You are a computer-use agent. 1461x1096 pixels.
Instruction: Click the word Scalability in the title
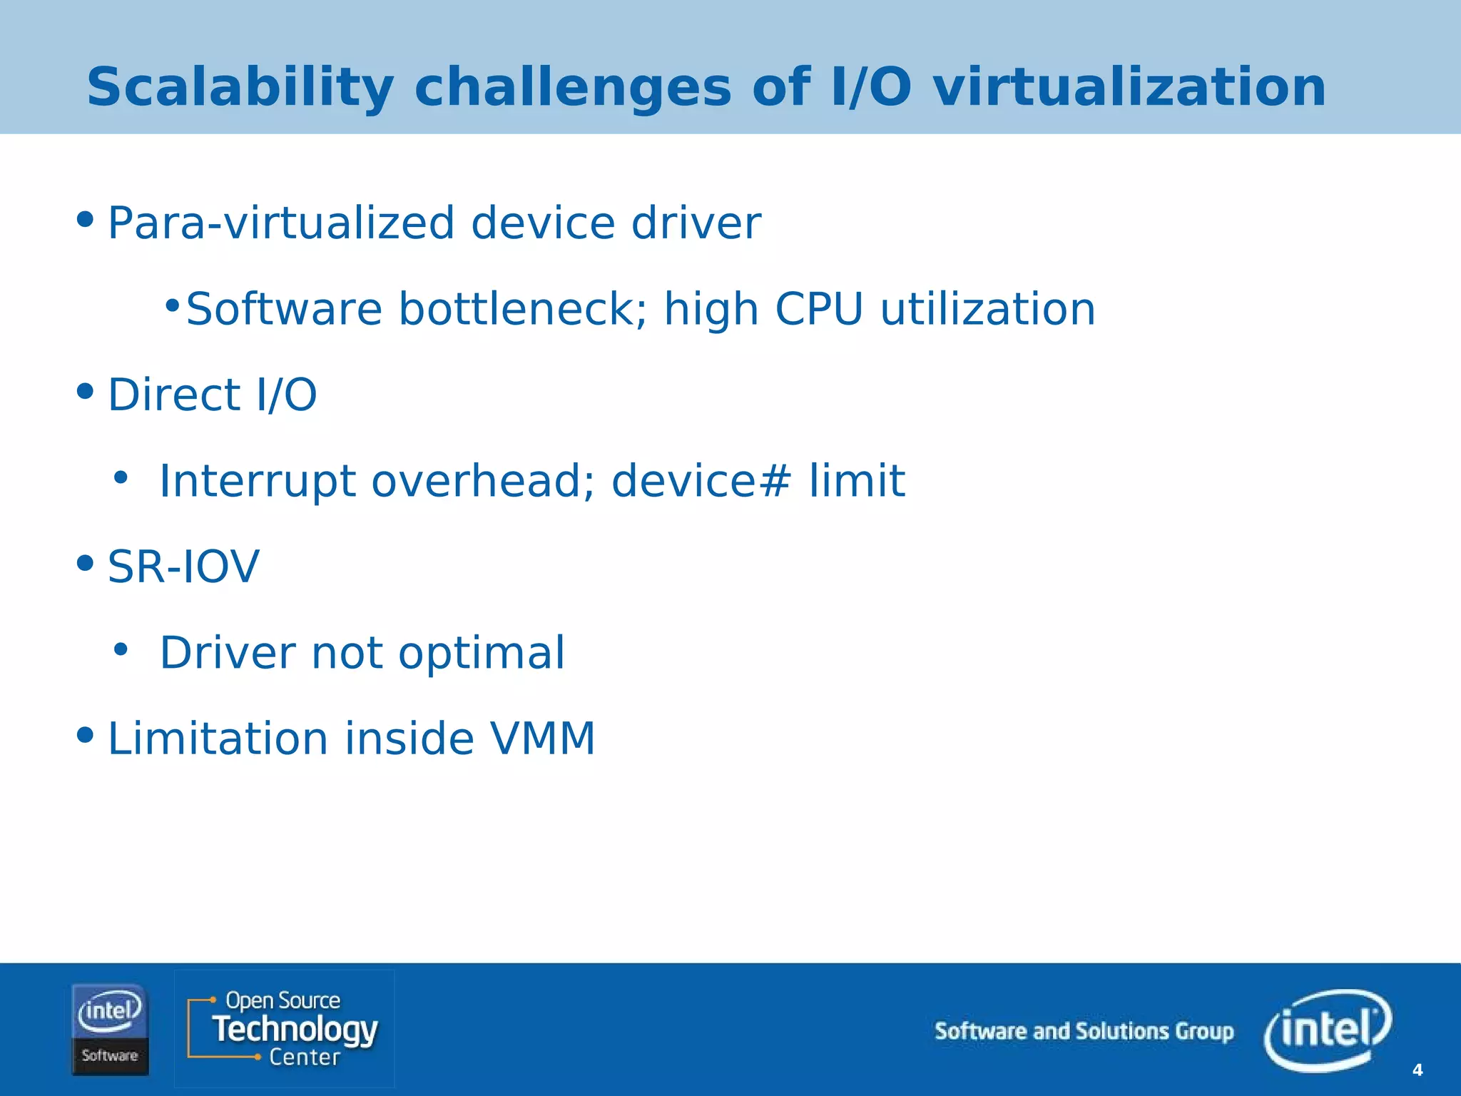tap(240, 88)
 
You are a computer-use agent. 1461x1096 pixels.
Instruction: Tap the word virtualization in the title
tap(1129, 88)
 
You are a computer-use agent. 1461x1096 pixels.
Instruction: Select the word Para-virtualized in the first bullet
tap(280, 223)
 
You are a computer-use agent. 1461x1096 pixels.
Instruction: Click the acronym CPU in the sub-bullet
tap(818, 310)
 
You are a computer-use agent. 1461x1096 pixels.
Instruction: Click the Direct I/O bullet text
tap(212, 395)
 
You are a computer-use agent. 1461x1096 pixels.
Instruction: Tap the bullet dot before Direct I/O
tap(85, 391)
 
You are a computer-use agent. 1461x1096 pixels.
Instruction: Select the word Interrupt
tap(257, 481)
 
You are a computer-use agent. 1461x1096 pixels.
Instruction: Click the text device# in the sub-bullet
tap(701, 481)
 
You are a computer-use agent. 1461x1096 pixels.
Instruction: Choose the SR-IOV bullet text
tap(183, 567)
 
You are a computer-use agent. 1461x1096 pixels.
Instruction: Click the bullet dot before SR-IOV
tap(85, 563)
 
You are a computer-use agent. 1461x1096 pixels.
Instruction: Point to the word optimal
tap(481, 653)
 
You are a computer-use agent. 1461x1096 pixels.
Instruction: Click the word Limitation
tap(218, 739)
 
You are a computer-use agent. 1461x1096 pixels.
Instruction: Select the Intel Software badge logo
tap(110, 1029)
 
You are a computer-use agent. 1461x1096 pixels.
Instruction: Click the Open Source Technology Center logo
tap(284, 1028)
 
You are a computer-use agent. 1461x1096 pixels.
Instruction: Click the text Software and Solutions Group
tap(1084, 1032)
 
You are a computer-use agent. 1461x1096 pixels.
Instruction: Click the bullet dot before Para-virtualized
tap(85, 219)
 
